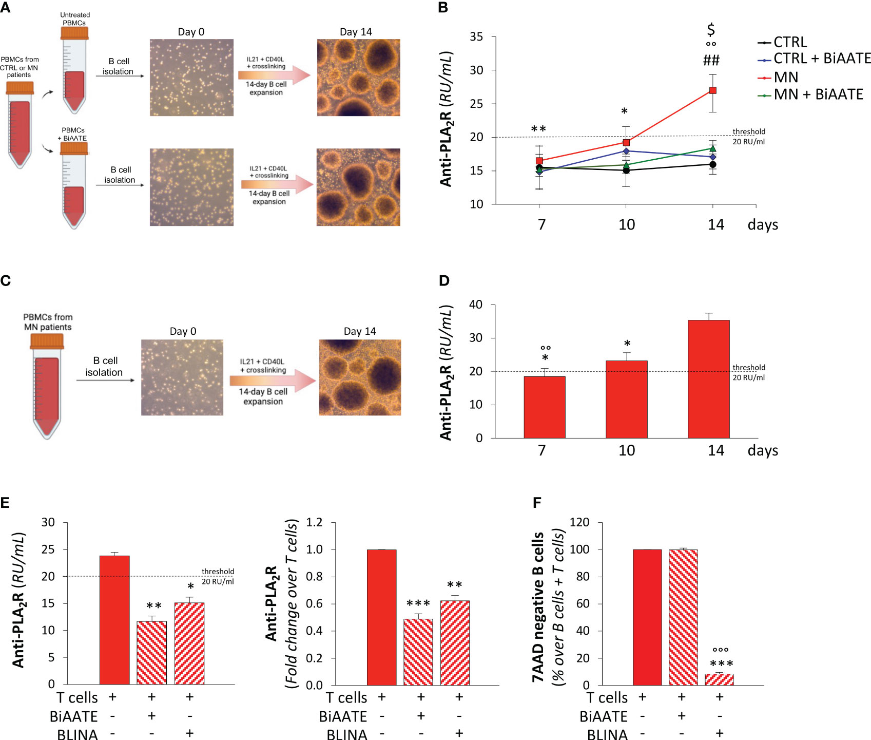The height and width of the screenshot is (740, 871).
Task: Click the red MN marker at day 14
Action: pyautogui.click(x=712, y=90)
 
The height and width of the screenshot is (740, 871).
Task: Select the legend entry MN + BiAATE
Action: pyautogui.click(x=818, y=94)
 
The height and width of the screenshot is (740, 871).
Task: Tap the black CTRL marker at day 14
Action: pyautogui.click(x=712, y=164)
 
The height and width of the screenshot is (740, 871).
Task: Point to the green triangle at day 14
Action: pyautogui.click(x=712, y=148)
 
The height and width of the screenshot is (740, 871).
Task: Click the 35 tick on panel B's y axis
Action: pyautogui.click(x=476, y=37)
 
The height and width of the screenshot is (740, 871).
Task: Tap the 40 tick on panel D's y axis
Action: pyautogui.click(x=476, y=305)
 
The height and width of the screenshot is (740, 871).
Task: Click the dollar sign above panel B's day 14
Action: pyautogui.click(x=711, y=29)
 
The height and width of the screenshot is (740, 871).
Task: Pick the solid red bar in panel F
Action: pyautogui.click(x=647, y=617)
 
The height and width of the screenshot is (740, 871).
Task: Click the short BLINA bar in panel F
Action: pyautogui.click(x=719, y=679)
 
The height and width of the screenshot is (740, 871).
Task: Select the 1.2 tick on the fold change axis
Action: pyautogui.click(x=314, y=522)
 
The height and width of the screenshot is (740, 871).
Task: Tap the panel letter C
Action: pyautogui.click(x=6, y=281)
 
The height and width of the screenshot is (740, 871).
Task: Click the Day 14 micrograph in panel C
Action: pyautogui.click(x=360, y=377)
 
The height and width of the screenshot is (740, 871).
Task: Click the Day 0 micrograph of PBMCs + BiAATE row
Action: pyautogui.click(x=191, y=187)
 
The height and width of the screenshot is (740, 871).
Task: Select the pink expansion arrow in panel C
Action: pyautogui.click(x=272, y=381)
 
